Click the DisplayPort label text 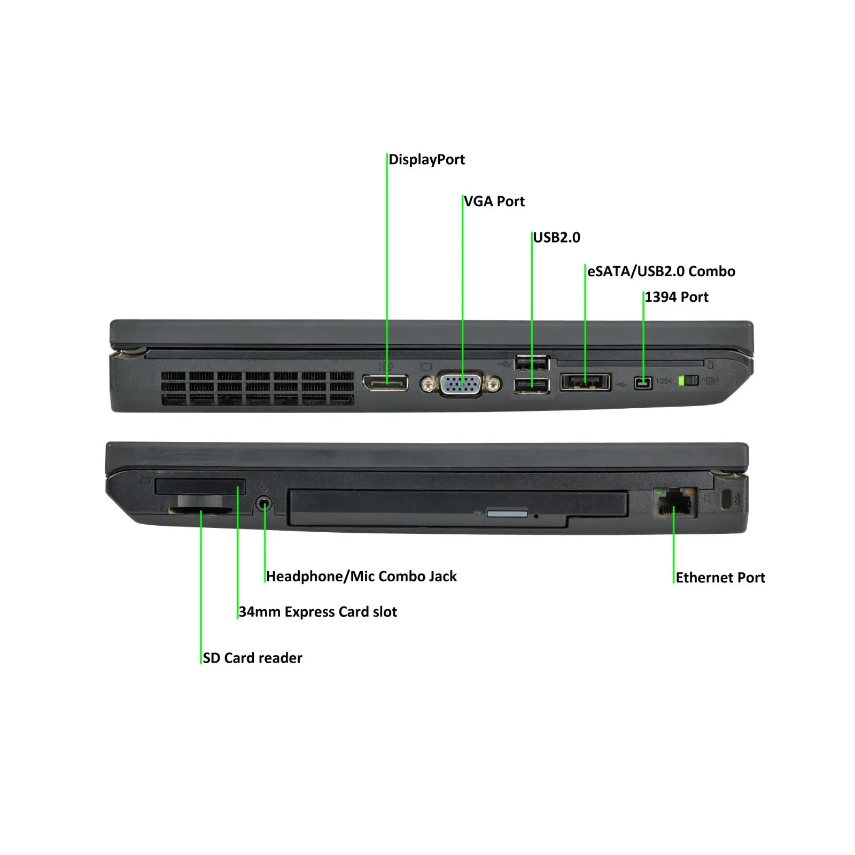[426, 160]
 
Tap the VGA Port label [494, 201]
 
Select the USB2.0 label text [556, 237]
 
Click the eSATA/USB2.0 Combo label [661, 271]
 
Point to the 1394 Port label [676, 297]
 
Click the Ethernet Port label [720, 578]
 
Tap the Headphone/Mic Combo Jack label [361, 577]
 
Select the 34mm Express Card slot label [318, 612]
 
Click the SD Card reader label [252, 658]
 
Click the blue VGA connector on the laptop [461, 383]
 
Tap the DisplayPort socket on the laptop [385, 383]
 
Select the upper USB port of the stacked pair [532, 363]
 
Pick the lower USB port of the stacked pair [532, 385]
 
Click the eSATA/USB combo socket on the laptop [585, 382]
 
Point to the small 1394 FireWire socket [643, 383]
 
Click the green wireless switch [688, 381]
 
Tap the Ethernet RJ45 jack [674, 503]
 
